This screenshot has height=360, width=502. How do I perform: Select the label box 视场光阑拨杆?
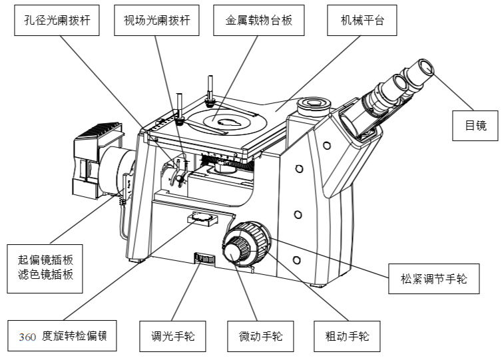157,21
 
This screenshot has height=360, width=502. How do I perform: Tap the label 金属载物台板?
254,21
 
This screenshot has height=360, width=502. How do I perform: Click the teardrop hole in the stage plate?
228,122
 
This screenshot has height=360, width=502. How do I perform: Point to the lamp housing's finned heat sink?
100,132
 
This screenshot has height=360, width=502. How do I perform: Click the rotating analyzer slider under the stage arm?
202,217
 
